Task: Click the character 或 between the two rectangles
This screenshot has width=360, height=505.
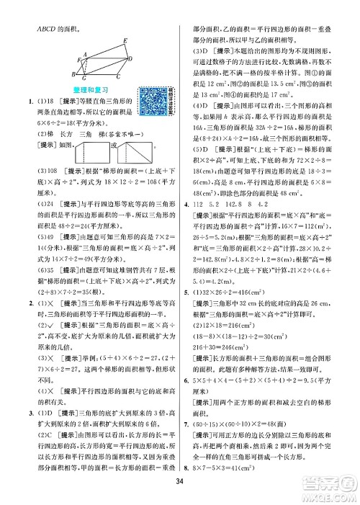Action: [124, 146]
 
